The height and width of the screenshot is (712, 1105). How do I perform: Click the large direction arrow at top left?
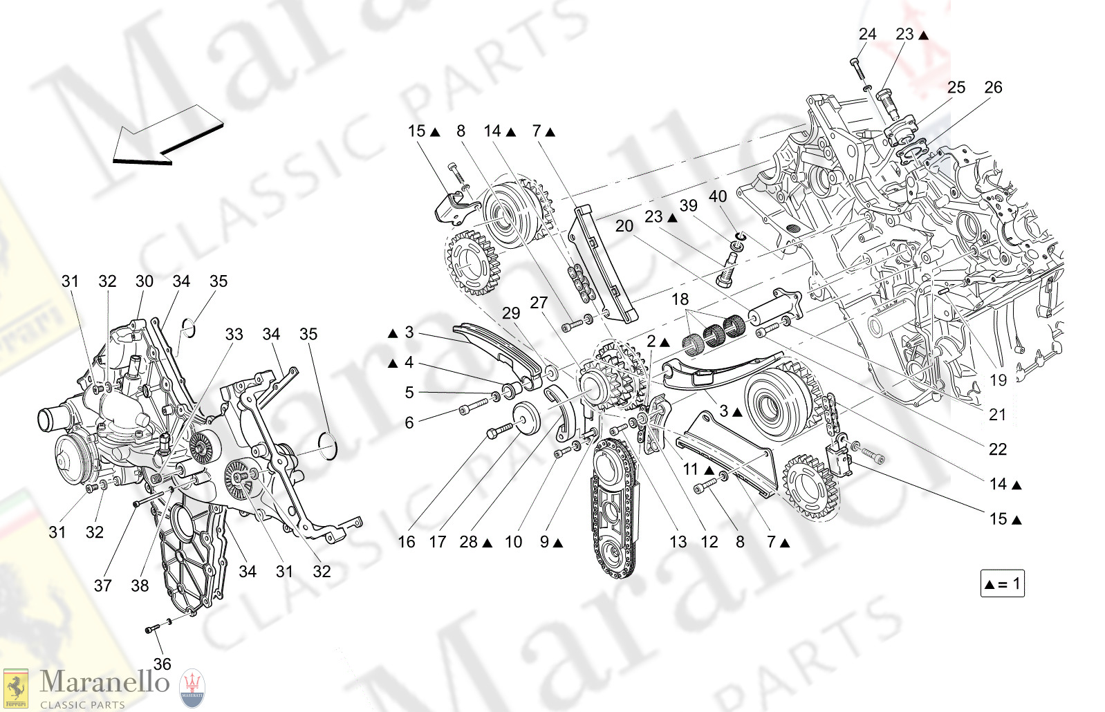pyautogui.click(x=166, y=136)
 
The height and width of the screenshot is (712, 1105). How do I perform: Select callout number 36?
pyautogui.click(x=162, y=664)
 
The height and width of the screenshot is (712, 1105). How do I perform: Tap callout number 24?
pyautogui.click(x=867, y=34)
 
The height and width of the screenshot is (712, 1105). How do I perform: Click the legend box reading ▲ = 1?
pyautogui.click(x=1002, y=583)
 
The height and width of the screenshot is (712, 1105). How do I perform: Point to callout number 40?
pyautogui.click(x=718, y=196)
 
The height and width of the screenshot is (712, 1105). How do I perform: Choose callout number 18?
pyautogui.click(x=680, y=299)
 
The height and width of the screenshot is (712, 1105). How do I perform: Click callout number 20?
pyautogui.click(x=624, y=226)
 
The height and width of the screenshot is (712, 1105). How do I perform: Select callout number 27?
pyautogui.click(x=539, y=303)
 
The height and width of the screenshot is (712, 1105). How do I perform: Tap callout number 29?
pyautogui.click(x=511, y=313)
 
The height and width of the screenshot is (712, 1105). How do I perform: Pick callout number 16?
pyautogui.click(x=407, y=542)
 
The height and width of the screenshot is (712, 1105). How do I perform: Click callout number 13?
pyautogui.click(x=678, y=542)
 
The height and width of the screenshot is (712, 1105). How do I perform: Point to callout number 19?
pyautogui.click(x=998, y=380)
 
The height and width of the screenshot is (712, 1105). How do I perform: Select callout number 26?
pyautogui.click(x=993, y=87)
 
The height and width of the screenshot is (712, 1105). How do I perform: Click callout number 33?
pyautogui.click(x=234, y=335)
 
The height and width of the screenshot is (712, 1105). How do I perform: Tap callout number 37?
pyautogui.click(x=102, y=585)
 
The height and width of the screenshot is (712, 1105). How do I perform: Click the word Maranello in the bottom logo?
pyautogui.click(x=104, y=682)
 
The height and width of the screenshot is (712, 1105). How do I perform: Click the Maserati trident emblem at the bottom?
pyautogui.click(x=192, y=687)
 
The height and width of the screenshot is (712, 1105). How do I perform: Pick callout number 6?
pyautogui.click(x=409, y=423)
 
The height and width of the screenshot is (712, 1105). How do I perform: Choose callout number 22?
pyautogui.click(x=997, y=449)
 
